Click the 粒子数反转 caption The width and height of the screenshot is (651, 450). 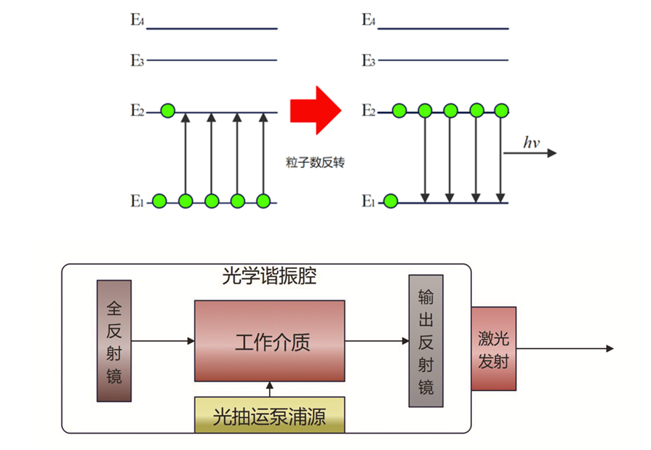[x=315, y=162]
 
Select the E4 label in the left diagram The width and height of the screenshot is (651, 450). [x=137, y=20]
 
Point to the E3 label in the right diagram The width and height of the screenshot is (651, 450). [x=369, y=61]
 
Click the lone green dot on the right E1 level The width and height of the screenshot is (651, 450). [x=391, y=201]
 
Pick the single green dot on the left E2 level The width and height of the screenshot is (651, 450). [x=168, y=111]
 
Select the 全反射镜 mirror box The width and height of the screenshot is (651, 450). [x=114, y=341]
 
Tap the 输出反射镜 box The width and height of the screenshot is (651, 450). [x=426, y=341]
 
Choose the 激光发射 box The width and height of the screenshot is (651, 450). [x=493, y=349]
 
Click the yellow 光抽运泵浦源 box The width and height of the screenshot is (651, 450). [x=269, y=417]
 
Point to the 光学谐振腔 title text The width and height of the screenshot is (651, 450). [x=269, y=277]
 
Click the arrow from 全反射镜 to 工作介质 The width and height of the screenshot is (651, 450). [x=163, y=340]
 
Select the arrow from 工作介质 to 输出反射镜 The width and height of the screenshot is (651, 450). [x=377, y=340]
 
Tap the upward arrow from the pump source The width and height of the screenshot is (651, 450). [x=269, y=389]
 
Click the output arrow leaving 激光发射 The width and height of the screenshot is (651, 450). [x=564, y=349]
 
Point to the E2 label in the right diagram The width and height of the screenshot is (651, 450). [x=369, y=111]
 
